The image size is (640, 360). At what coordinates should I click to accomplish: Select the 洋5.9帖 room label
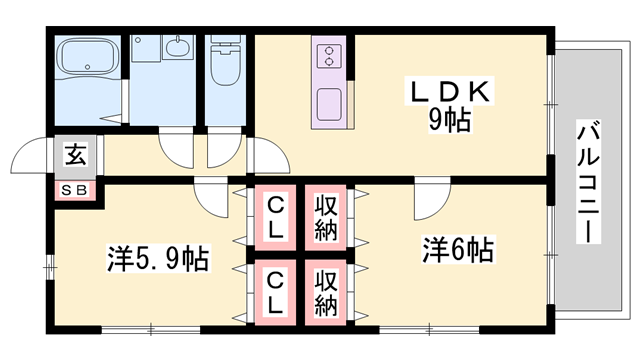[158, 258]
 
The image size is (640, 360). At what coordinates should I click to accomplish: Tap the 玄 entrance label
[75, 155]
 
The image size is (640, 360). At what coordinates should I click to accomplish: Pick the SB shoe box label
[75, 190]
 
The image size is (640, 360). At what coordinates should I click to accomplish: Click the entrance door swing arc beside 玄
[30, 155]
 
